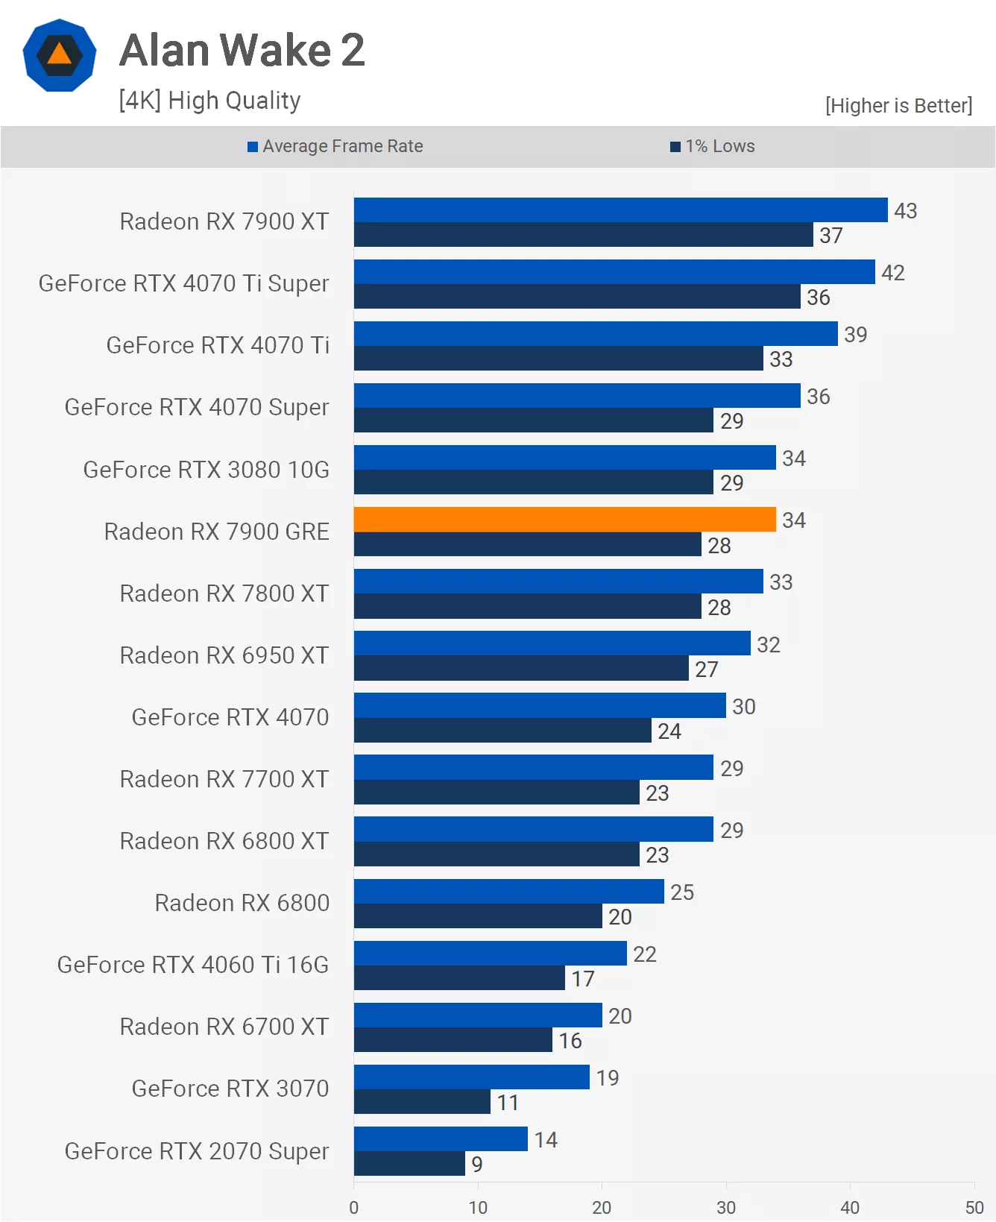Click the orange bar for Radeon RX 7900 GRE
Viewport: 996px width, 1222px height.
(564, 519)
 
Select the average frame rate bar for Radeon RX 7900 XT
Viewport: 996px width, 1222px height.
(620, 210)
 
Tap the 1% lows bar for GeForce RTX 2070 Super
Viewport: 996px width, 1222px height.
(409, 1164)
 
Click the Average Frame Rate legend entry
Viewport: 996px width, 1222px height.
(335, 146)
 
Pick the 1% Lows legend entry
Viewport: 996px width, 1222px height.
(713, 146)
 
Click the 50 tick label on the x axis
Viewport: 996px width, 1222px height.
(974, 1207)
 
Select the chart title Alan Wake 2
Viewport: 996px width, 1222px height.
(242, 50)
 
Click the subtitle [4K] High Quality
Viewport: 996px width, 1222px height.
(209, 100)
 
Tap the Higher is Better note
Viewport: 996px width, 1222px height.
(898, 106)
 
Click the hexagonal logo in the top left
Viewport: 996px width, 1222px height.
(60, 56)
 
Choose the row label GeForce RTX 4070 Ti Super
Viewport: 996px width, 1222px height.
(183, 283)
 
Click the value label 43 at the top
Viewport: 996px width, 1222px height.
(905, 211)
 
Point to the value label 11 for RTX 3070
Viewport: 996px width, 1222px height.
(508, 1102)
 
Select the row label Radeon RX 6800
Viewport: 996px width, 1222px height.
(242, 903)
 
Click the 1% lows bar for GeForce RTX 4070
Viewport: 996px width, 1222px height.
(502, 730)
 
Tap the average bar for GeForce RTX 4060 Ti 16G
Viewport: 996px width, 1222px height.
(490, 953)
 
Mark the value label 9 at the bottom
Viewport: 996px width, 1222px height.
(477, 1164)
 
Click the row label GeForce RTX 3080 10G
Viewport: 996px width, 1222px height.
(206, 470)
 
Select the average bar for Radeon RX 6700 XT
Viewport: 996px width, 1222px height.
(477, 1015)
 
